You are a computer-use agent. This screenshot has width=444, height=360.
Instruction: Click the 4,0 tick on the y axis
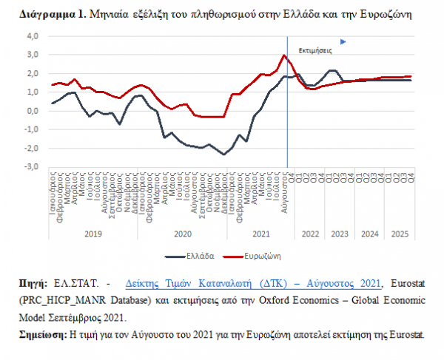tap(33, 35)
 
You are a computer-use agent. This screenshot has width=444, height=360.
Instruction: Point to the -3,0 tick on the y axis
tap(32, 167)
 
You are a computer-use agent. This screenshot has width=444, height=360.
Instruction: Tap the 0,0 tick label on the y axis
tap(33, 111)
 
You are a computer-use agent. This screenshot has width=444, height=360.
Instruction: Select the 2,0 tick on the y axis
tap(33, 73)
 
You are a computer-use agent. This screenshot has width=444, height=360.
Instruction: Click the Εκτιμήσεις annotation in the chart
tap(314, 51)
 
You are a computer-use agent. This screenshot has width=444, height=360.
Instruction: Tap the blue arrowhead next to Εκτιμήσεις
tap(343, 42)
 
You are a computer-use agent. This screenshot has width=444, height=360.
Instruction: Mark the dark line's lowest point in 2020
tap(224, 154)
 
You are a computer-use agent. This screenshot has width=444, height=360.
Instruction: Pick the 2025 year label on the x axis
tap(397, 233)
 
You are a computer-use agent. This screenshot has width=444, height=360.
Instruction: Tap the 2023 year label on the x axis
tap(338, 233)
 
